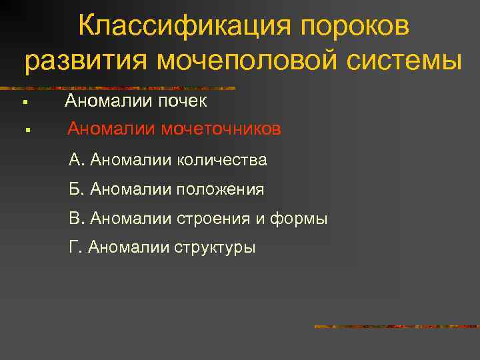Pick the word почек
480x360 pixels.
point(183,101)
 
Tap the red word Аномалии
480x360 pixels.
point(111,129)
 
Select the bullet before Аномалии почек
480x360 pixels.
point(23,103)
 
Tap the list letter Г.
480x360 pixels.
point(74,248)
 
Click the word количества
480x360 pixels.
point(222,160)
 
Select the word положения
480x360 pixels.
point(220,190)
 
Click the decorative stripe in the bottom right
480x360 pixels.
point(396,327)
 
